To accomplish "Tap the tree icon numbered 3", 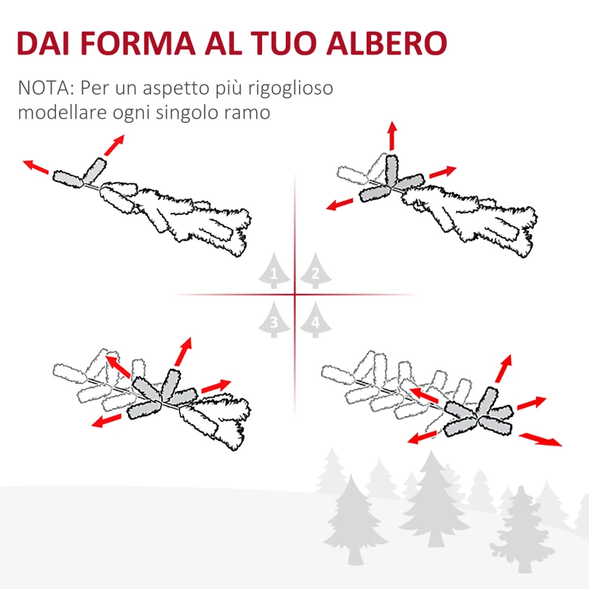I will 274,320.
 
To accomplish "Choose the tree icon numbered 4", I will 314,320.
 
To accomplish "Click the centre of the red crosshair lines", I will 294,295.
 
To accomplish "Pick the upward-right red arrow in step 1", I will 114,144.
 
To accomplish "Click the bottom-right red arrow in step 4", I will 540,440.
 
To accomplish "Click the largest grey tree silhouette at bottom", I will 434,501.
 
